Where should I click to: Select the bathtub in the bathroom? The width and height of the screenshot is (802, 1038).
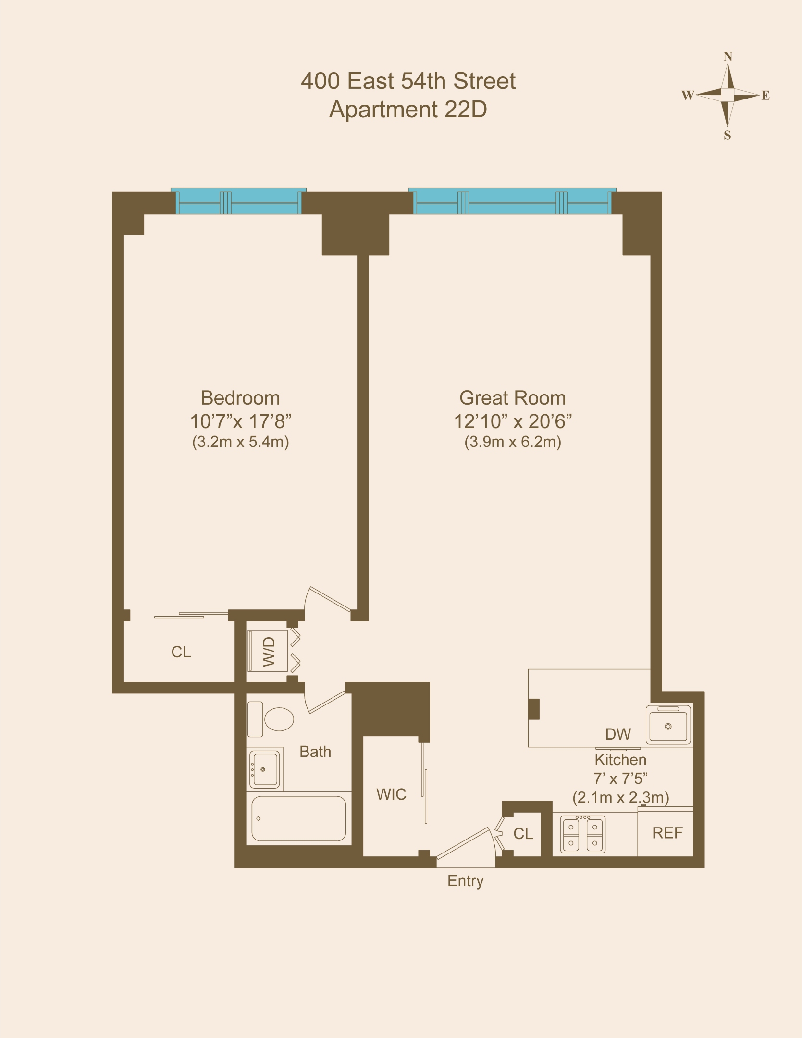[x=298, y=818]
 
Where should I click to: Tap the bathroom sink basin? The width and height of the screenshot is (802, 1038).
[x=265, y=769]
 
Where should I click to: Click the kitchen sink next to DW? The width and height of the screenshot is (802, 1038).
[x=668, y=725]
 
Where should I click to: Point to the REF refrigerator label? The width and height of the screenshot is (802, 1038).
[x=667, y=833]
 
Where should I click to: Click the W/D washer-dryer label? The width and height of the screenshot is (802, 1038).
[x=269, y=652]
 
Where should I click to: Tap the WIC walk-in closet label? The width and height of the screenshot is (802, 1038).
[x=391, y=794]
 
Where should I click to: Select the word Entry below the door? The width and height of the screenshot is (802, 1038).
[x=465, y=881]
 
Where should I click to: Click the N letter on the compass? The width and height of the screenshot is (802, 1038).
[x=728, y=57]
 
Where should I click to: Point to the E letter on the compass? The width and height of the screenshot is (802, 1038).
[x=765, y=96]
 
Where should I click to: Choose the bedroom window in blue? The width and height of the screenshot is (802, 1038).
[x=239, y=202]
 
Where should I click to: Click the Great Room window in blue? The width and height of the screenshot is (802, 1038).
[x=512, y=202]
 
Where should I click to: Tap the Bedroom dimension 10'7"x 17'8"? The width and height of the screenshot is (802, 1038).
[x=241, y=421]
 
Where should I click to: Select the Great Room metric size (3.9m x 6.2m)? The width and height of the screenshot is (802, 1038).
[x=513, y=442]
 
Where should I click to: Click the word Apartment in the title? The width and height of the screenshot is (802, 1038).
[x=383, y=110]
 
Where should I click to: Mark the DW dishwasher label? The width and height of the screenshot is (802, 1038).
[x=618, y=734]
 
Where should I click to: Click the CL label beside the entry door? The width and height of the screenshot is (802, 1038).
[x=523, y=833]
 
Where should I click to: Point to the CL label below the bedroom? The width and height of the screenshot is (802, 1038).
[x=181, y=652]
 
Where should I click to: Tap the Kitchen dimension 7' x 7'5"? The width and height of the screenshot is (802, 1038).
[x=620, y=778]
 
